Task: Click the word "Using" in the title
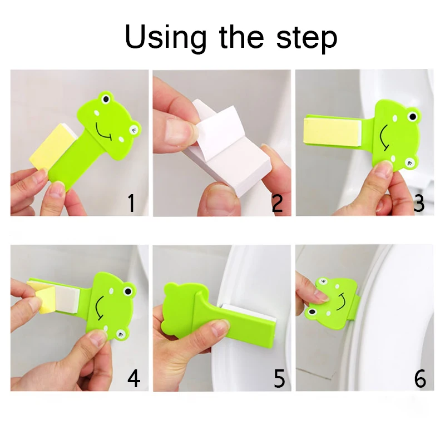pyautogui.click(x=166, y=38)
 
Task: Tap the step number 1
pyautogui.click(x=131, y=203)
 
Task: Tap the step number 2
pyautogui.click(x=277, y=204)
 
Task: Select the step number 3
pyautogui.click(x=419, y=204)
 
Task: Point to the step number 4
pyautogui.click(x=133, y=378)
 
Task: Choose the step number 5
pyautogui.click(x=279, y=378)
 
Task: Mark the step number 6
pyautogui.click(x=419, y=378)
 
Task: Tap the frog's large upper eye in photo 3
pyautogui.click(x=412, y=116)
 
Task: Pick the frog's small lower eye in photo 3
pyautogui.click(x=410, y=162)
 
